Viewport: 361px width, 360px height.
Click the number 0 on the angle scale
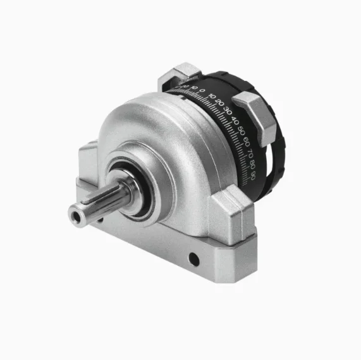click(x=202, y=91)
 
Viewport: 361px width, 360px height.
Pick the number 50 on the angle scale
click(x=241, y=128)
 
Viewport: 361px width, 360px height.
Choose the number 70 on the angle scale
click(x=250, y=151)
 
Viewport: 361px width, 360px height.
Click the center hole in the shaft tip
click(x=76, y=218)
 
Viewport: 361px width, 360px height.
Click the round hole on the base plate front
click(x=193, y=258)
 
